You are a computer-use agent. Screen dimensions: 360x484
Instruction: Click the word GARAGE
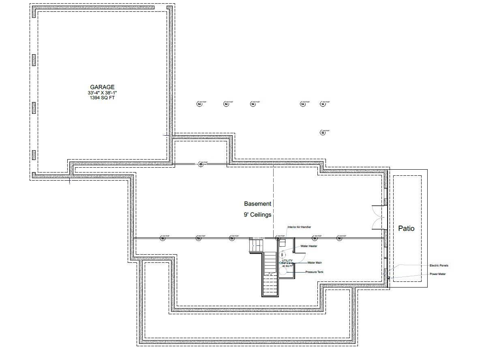102,87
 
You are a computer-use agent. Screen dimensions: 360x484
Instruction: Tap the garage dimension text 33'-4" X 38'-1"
102,93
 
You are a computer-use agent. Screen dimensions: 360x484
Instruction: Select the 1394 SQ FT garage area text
102,98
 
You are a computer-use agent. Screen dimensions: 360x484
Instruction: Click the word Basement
257,204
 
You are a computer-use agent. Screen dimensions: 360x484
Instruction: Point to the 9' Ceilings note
257,215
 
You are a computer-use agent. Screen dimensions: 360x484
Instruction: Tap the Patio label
406,228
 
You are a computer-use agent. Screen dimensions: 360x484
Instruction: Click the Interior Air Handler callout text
299,228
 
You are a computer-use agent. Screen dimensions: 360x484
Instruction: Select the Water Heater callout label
308,246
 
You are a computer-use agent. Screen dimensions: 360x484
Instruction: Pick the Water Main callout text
315,263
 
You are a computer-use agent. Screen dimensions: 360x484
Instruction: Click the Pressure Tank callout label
315,272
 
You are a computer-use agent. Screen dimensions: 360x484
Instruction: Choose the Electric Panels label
439,266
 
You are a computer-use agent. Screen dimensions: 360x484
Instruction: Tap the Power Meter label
438,274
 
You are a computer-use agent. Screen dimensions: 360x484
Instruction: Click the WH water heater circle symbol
283,255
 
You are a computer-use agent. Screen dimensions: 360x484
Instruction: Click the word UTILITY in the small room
287,261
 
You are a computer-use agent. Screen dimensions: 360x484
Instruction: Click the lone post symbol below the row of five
323,132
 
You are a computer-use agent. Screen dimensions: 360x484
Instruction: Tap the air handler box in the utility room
283,243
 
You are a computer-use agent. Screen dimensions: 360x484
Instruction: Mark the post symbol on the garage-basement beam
200,164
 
